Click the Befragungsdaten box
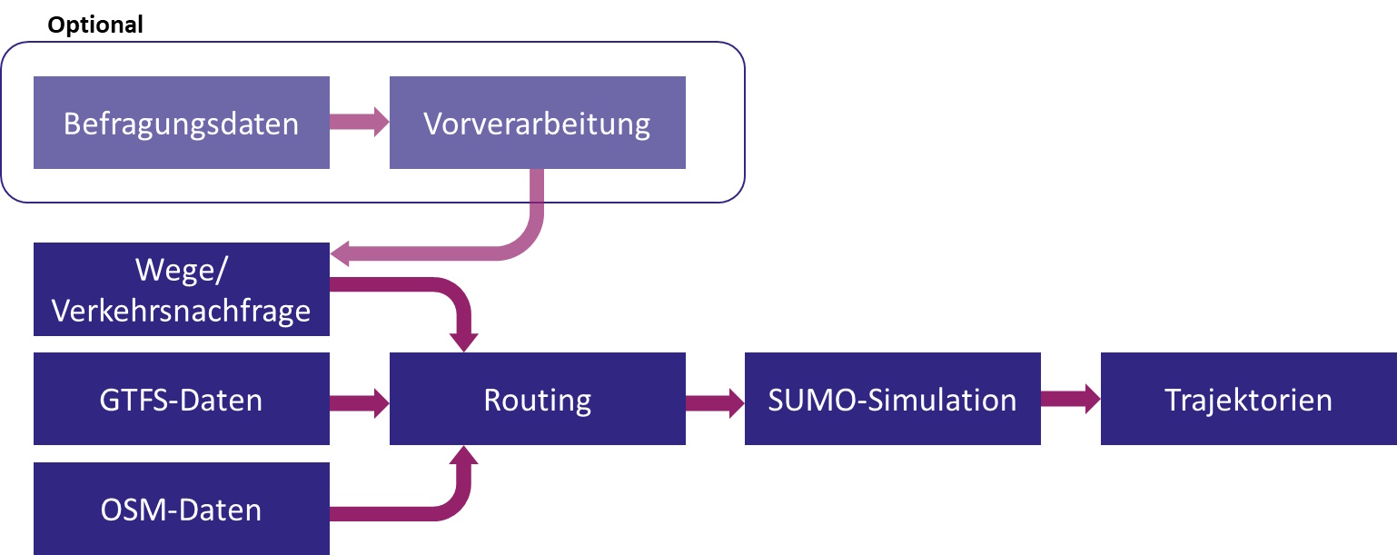(x=181, y=123)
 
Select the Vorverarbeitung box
(x=537, y=123)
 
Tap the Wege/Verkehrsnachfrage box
(x=181, y=289)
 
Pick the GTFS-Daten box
(x=181, y=399)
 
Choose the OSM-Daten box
(x=181, y=509)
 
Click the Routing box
(x=537, y=399)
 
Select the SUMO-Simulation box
(x=892, y=399)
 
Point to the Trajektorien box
(x=1248, y=399)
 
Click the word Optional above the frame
(x=95, y=25)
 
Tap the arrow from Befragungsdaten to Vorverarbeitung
(x=359, y=123)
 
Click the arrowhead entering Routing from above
(x=465, y=342)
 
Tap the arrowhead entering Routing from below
(x=465, y=456)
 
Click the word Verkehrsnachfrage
(x=181, y=311)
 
